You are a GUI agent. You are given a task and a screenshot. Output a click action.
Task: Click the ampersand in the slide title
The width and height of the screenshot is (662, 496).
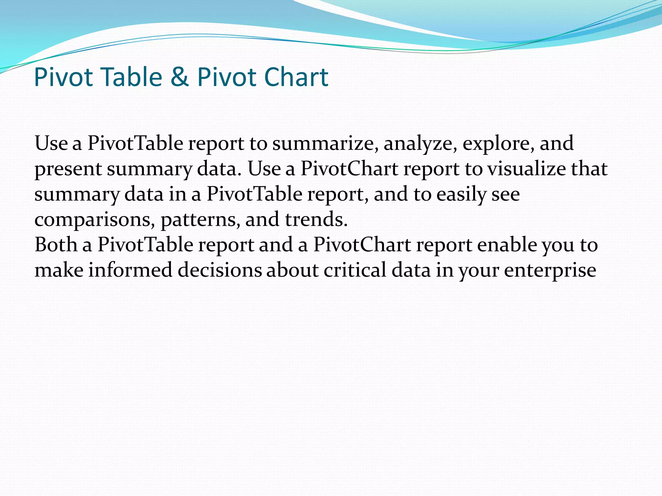tap(179, 77)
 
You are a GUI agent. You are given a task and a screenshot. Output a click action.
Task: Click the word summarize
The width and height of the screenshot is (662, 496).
tap(325, 143)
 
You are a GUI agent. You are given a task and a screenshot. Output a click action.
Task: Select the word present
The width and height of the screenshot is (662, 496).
tap(68, 169)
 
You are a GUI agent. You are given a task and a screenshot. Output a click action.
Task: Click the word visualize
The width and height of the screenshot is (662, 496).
tap(526, 169)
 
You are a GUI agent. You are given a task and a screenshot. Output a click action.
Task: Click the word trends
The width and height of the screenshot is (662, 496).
tap(316, 220)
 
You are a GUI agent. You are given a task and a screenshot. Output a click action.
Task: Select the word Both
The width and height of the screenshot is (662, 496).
tap(56, 244)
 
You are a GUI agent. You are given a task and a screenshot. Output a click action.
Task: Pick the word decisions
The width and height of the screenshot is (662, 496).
tap(219, 270)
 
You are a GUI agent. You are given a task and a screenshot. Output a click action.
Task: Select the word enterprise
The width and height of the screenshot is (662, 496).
tap(550, 270)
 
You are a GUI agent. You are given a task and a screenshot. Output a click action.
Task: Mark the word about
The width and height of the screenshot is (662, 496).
tap(292, 270)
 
